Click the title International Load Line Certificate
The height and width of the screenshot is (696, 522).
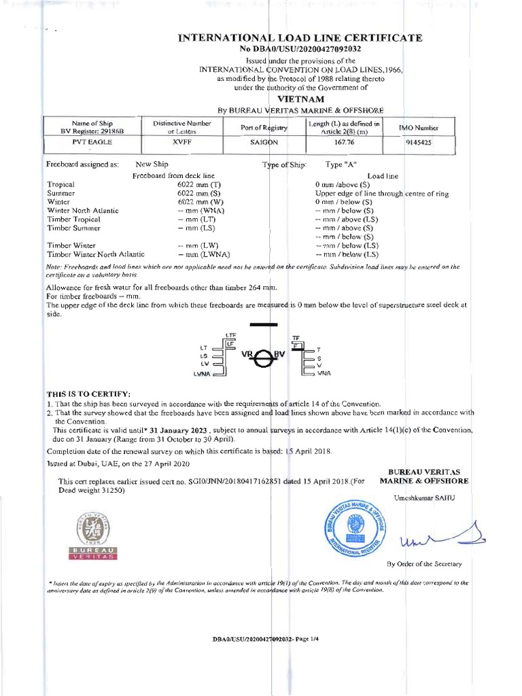pos(300,37)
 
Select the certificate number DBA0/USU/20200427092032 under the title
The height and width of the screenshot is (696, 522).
pos(300,49)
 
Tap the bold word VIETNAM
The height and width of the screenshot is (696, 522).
pos(300,98)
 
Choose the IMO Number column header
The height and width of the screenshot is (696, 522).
pos(417,127)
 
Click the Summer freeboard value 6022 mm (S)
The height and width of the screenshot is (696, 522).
pos(197,193)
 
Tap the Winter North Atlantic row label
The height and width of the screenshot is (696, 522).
pos(80,211)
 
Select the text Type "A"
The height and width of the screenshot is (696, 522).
pos(341,164)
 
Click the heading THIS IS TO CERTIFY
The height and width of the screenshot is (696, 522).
pos(88,394)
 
